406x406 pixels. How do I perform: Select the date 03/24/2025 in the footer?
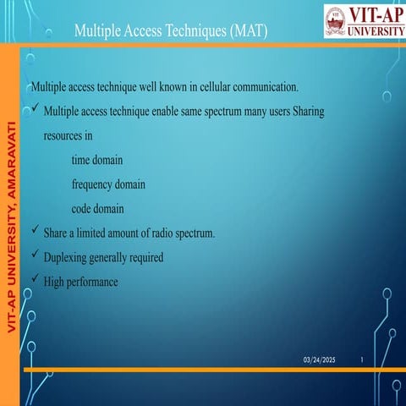[x=320, y=361]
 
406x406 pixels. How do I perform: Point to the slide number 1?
[x=362, y=361]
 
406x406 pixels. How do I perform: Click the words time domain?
[x=101, y=160]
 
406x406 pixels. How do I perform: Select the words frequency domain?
[x=108, y=184]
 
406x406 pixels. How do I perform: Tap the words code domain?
[x=98, y=209]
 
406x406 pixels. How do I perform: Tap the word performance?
[x=92, y=282]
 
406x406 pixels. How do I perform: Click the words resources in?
[x=68, y=135]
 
